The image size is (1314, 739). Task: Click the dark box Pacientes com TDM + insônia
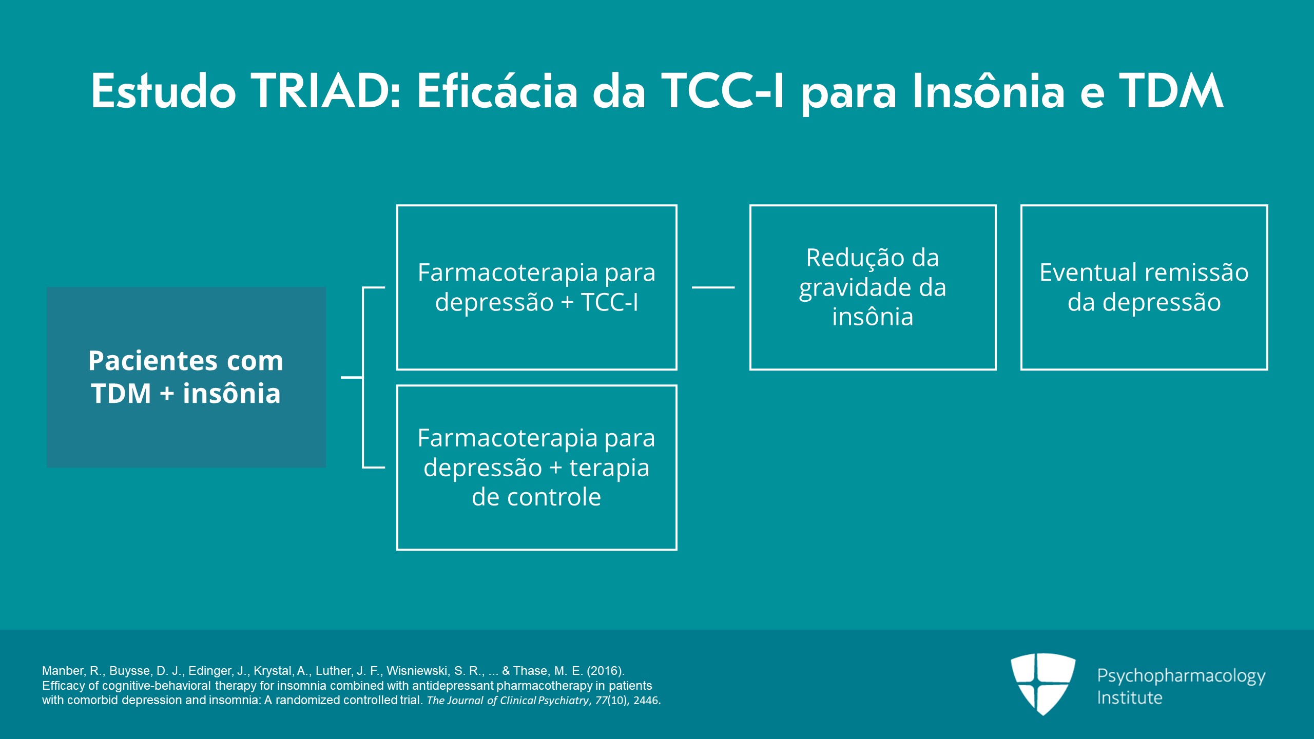tap(186, 377)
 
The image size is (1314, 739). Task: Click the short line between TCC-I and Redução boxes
tap(713, 287)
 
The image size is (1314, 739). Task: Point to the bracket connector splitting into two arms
tap(363, 377)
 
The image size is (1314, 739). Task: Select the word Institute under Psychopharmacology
tap(1129, 698)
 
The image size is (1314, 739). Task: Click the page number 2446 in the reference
tap(646, 701)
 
